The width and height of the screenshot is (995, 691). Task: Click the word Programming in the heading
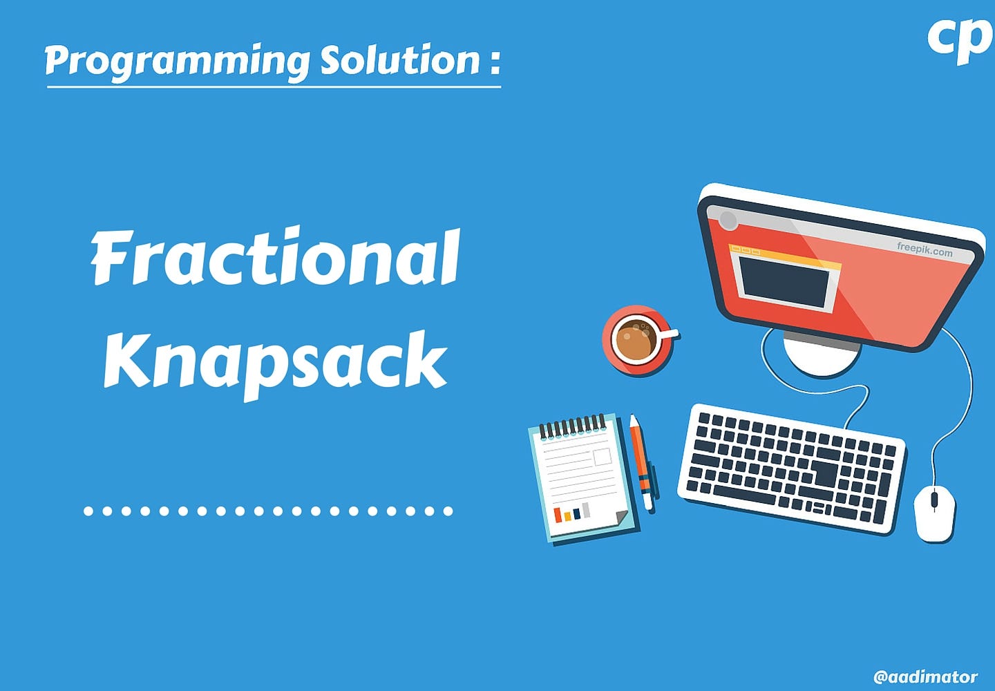point(176,61)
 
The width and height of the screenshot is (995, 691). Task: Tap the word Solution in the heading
point(399,61)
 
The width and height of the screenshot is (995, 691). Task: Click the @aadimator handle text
point(925,676)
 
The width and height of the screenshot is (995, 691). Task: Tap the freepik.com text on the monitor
point(925,249)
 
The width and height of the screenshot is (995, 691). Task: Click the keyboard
point(792,467)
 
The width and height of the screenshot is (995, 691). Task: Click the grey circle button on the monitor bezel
point(728,220)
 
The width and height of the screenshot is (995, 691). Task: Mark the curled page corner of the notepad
point(619,519)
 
